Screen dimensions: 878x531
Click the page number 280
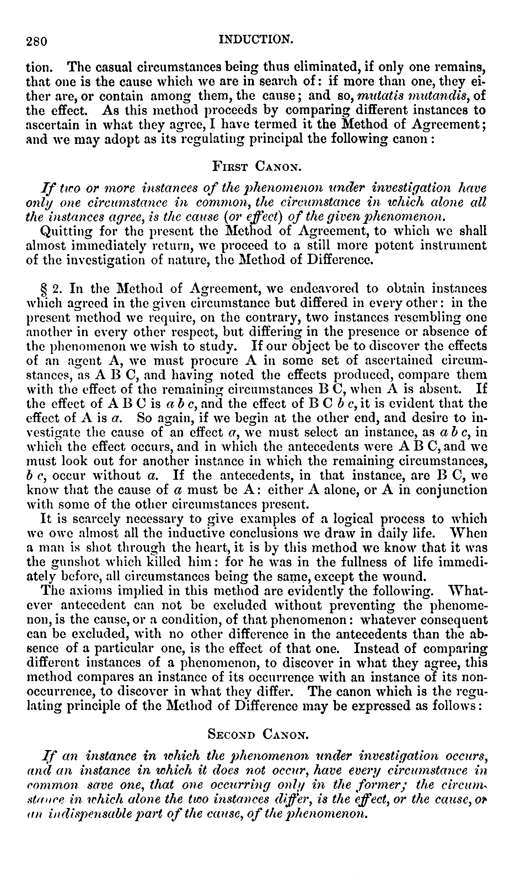(x=37, y=42)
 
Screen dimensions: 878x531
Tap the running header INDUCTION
(x=256, y=38)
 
